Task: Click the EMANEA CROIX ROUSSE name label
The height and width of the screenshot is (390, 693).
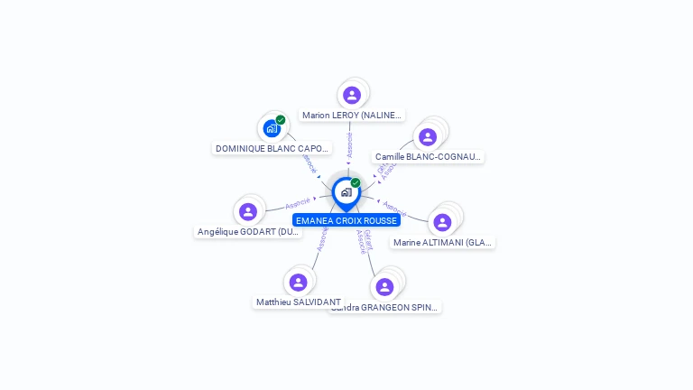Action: [346, 220]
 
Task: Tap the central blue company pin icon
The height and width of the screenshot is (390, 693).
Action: [346, 192]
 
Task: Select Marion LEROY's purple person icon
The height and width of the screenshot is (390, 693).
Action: [352, 95]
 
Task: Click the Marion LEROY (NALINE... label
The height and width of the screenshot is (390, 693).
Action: [352, 116]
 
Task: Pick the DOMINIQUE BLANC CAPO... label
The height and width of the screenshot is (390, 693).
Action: [273, 148]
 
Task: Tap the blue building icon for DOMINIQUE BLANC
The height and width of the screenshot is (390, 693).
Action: [272, 128]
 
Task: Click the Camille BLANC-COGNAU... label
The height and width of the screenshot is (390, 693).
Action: [428, 156]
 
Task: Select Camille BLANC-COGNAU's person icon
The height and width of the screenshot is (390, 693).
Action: [428, 136]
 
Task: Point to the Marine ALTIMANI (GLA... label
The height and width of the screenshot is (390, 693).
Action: [443, 242]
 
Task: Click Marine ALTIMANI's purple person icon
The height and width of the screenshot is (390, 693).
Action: [442, 222]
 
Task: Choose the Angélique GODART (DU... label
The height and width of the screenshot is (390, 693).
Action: [248, 232]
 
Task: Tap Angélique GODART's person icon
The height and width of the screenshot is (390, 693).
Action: [248, 211]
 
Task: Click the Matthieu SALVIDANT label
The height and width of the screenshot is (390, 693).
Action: [299, 302]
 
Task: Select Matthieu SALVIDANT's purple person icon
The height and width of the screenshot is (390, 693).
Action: [299, 283]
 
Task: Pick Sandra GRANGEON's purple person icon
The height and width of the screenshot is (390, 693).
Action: [385, 287]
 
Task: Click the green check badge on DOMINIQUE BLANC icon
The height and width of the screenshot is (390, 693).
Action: [281, 120]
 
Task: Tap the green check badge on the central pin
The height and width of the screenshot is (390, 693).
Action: [356, 183]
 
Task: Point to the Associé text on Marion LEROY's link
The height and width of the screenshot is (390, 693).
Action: [350, 145]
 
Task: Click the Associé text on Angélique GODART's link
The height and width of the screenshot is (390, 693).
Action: [297, 203]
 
